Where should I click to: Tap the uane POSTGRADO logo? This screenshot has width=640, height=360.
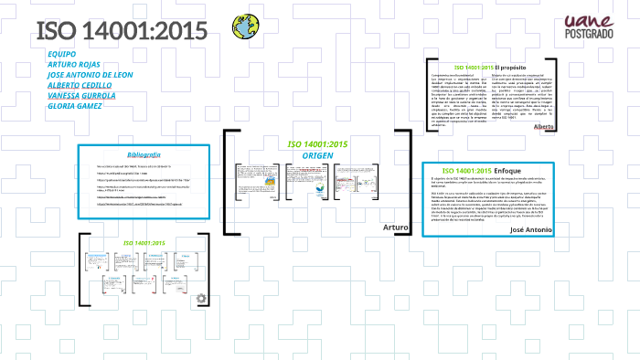tap(590, 26)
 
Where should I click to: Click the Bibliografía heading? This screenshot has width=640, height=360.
tap(144, 155)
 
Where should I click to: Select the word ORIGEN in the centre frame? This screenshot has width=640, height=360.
tap(318, 155)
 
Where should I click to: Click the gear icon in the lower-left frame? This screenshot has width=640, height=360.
tap(202, 297)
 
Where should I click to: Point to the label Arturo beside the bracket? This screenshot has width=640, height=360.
tap(396, 225)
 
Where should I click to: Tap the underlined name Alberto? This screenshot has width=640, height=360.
tap(569, 127)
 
